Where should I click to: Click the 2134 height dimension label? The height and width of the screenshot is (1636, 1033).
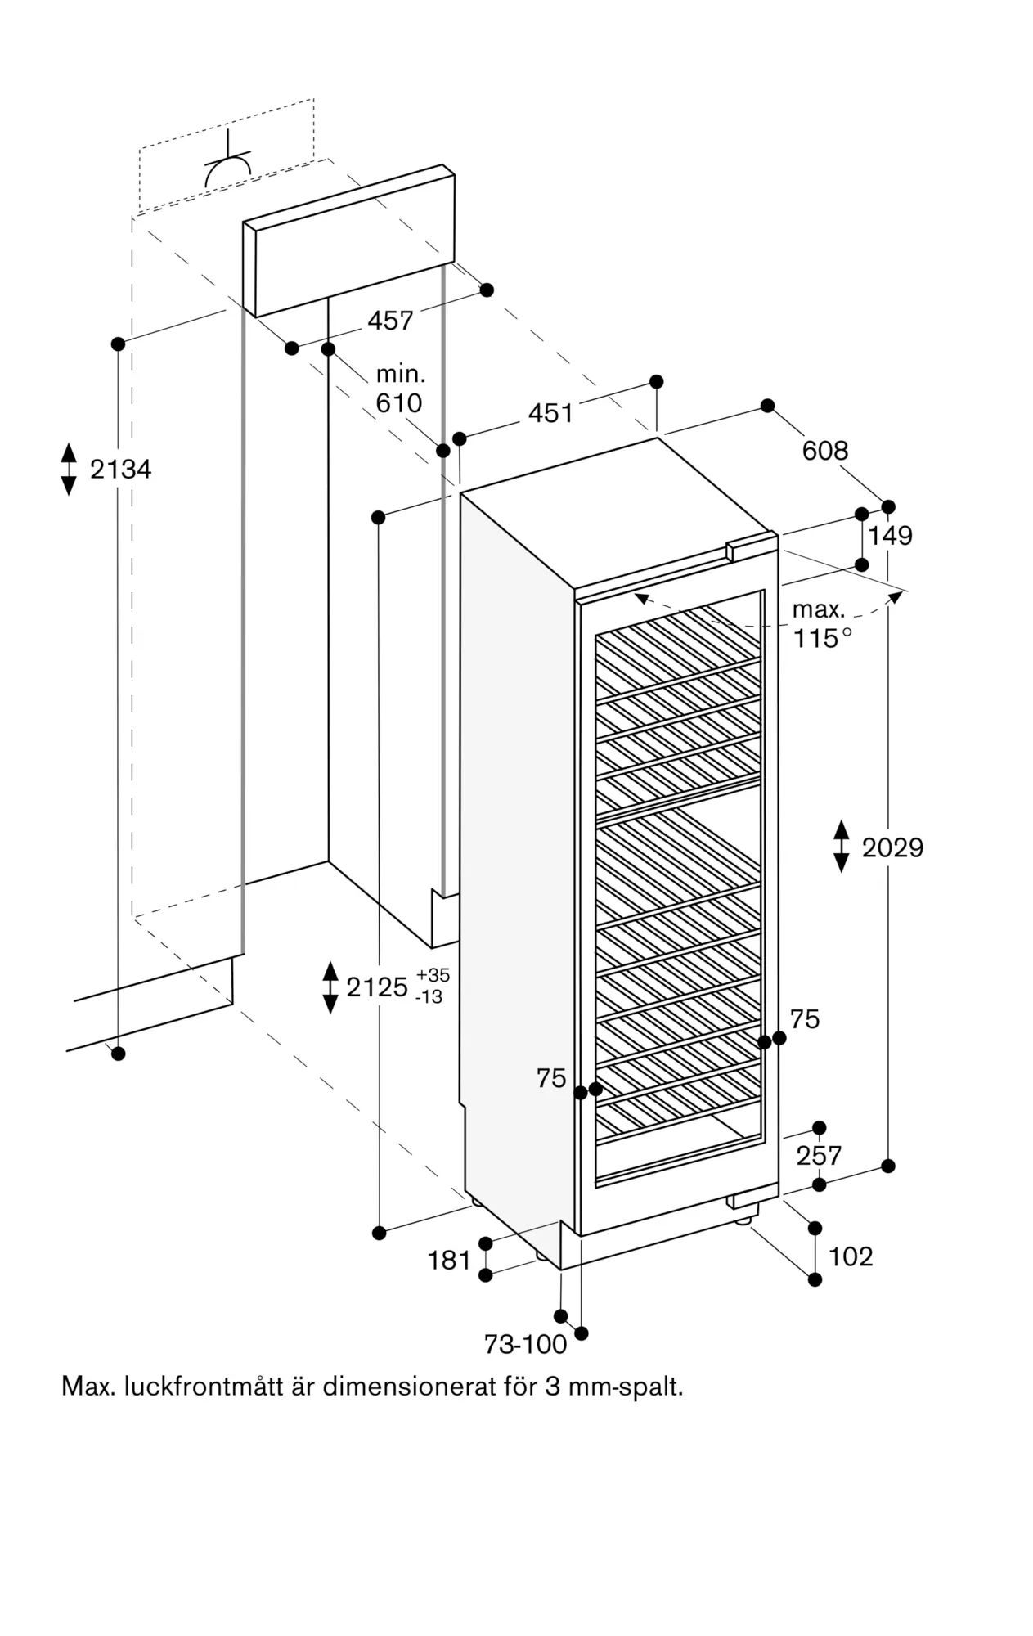(120, 470)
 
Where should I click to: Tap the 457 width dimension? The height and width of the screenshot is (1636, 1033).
(390, 321)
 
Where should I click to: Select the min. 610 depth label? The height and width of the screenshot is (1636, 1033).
(400, 389)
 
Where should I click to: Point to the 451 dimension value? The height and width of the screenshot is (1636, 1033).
(550, 414)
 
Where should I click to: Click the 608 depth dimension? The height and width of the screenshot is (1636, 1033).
(825, 451)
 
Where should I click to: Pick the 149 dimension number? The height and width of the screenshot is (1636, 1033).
(890, 536)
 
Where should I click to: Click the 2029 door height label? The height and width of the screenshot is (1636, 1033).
(892, 847)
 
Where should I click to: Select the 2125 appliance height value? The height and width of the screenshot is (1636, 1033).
(377, 987)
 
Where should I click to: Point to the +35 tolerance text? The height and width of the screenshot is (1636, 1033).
(433, 976)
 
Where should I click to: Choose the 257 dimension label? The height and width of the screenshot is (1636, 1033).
(819, 1156)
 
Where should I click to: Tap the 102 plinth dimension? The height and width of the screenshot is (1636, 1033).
(851, 1256)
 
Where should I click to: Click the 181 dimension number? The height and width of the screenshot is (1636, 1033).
(449, 1261)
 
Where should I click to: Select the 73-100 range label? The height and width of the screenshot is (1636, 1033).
(526, 1344)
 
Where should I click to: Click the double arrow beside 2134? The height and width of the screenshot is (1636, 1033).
(69, 470)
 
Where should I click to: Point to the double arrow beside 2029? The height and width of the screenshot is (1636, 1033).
(842, 847)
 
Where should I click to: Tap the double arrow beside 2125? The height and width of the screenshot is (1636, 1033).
(330, 987)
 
